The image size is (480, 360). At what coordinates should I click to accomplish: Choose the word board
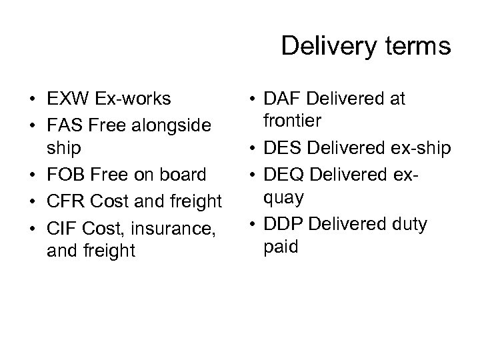(x=183, y=175)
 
